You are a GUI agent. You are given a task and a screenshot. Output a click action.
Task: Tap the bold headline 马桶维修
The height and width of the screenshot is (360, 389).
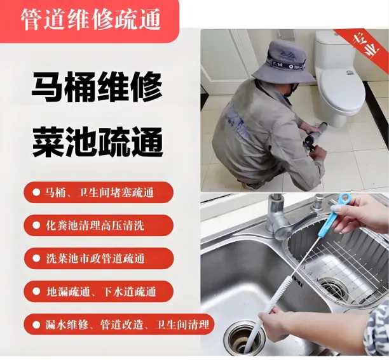[97, 87]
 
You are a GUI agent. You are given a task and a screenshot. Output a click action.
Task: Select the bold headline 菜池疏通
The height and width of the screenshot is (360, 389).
[97, 142]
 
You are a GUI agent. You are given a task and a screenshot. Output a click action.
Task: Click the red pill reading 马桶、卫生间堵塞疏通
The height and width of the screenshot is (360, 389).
[99, 192]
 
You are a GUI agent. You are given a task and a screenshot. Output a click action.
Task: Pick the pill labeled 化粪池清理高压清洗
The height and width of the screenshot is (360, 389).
[99, 225]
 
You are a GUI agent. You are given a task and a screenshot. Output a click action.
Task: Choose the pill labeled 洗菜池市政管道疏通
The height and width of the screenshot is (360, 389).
[99, 258]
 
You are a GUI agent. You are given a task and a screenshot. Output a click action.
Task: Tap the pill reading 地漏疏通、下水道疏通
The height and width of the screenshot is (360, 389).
[99, 291]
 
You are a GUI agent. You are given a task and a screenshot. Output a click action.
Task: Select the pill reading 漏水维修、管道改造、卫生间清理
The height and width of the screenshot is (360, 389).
[119, 324]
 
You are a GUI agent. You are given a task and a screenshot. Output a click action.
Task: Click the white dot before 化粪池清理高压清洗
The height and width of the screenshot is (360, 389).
[36, 225]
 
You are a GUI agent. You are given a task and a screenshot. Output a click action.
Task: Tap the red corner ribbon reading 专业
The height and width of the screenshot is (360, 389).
[364, 47]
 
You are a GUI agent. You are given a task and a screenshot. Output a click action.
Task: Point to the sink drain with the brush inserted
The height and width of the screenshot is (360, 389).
[245, 340]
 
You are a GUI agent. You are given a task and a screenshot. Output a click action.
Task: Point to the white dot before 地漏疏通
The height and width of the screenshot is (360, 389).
[36, 291]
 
